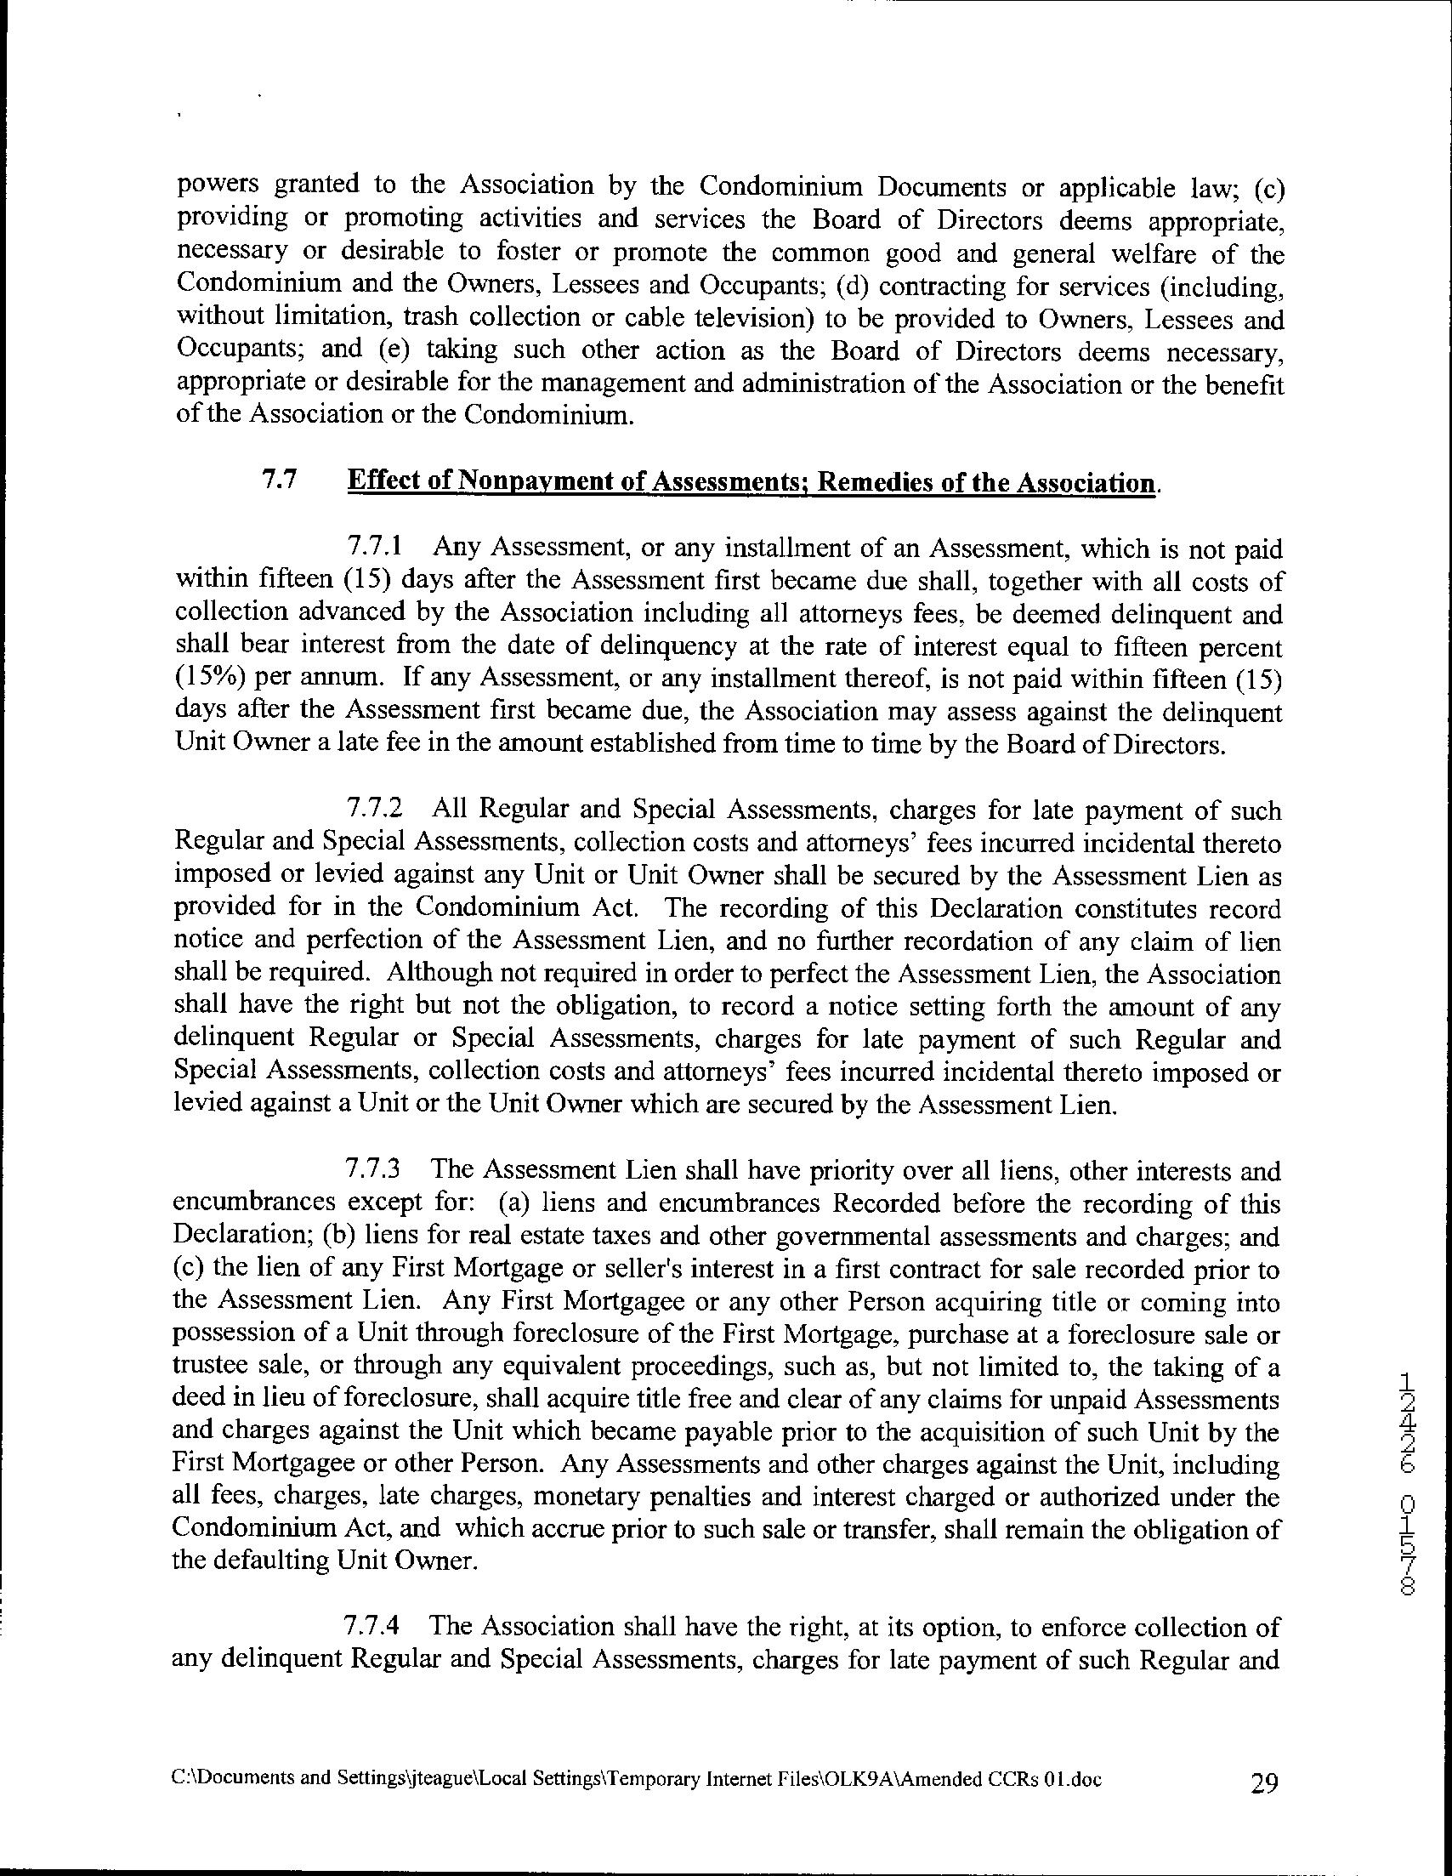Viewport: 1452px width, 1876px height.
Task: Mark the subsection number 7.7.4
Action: (x=372, y=1626)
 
